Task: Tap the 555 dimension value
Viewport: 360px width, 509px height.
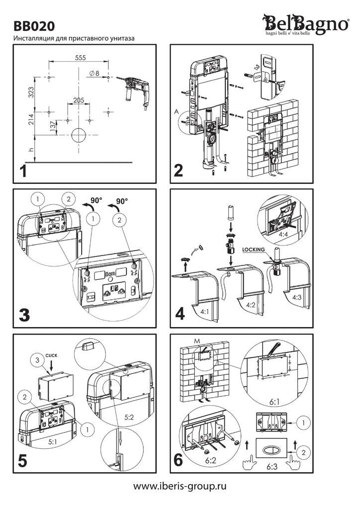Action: click(x=80, y=58)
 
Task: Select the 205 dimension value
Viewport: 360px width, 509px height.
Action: click(x=79, y=100)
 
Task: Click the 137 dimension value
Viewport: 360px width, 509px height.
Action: click(x=52, y=126)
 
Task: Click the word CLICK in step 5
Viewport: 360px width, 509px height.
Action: click(x=52, y=356)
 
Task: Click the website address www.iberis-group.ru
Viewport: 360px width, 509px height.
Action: click(x=180, y=486)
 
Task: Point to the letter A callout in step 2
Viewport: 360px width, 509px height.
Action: click(x=177, y=112)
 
